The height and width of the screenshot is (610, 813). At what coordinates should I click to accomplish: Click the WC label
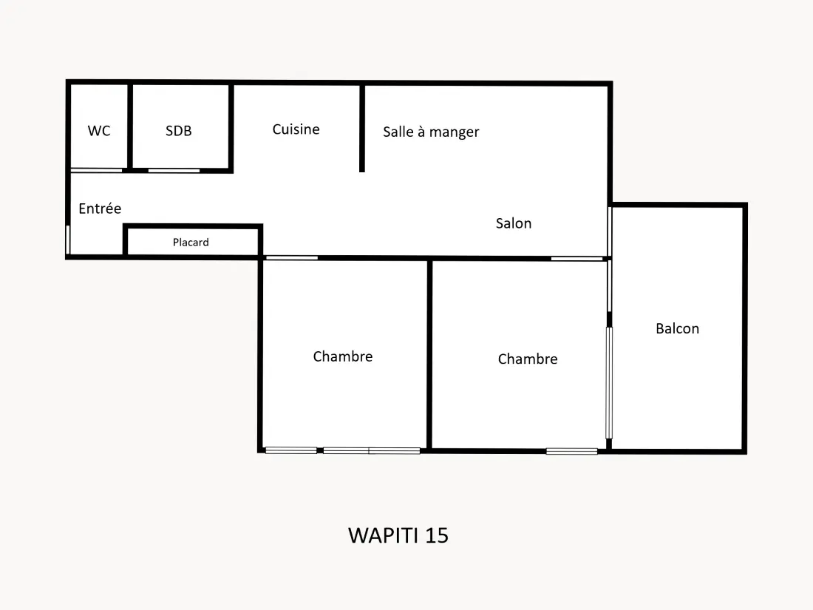coord(99,131)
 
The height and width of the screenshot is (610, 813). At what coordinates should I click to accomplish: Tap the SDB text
coord(179,131)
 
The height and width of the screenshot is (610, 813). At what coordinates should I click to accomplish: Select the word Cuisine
coord(296,129)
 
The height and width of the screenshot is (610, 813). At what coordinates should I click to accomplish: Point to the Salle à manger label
coord(431,132)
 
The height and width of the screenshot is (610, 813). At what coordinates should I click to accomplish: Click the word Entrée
coord(100,209)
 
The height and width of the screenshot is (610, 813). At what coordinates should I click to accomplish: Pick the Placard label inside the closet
coord(191,243)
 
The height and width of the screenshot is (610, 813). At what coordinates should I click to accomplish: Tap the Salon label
coord(514,223)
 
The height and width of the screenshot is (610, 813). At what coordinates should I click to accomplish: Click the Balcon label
coord(678,328)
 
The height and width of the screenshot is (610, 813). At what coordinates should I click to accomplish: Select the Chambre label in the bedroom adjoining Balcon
coord(528,359)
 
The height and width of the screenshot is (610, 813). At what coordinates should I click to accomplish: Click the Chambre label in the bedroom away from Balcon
coord(343,356)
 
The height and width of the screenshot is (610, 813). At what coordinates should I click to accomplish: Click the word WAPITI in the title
coord(383,536)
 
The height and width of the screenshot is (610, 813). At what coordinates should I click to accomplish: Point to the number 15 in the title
coord(437,536)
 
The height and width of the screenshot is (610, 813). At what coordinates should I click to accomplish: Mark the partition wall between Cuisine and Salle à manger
coord(362,128)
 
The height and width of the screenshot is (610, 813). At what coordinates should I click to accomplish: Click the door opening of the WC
coord(96,170)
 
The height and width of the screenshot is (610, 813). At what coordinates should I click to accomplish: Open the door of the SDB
coord(174,170)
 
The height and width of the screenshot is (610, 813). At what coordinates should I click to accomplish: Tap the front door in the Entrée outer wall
coord(68,239)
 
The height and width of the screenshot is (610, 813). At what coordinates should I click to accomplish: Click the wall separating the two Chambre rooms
coord(429,355)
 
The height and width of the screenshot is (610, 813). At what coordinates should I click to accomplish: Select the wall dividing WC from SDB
coord(130,126)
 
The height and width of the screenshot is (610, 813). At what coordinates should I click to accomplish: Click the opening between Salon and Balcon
coord(610,231)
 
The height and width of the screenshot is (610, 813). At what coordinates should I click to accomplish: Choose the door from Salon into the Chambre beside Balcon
coord(576,258)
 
